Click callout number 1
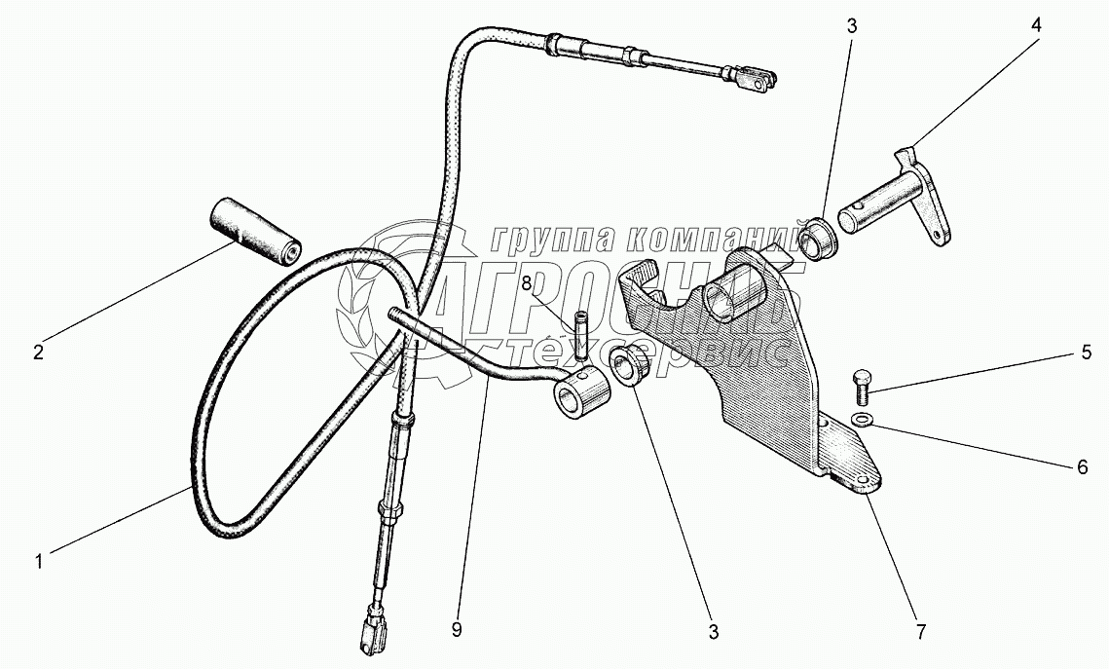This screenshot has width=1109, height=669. click(39, 561)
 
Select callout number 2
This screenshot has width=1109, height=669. click(38, 353)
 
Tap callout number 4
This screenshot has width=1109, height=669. click(1036, 26)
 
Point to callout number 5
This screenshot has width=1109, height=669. click(1086, 353)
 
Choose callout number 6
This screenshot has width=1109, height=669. click(1081, 466)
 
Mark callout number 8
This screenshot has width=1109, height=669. click(526, 284)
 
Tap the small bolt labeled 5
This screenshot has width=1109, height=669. click(860, 385)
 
